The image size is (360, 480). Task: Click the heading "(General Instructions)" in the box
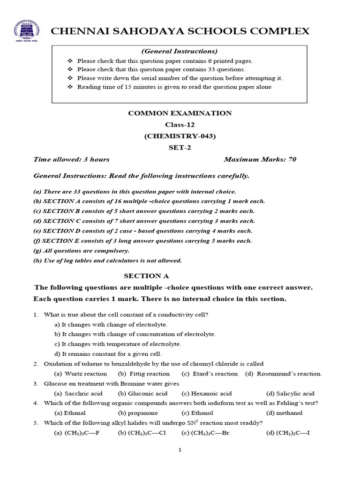tap(180, 51)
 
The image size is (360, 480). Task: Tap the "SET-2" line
tap(180, 148)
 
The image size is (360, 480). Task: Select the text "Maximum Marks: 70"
tap(260, 159)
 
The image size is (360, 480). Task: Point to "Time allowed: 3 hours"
tap(71, 159)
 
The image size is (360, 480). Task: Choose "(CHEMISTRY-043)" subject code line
tap(180, 136)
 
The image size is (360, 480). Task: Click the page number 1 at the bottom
tap(180, 450)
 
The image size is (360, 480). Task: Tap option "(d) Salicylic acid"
tap(290, 393)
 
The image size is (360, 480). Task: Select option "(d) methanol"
tap(284, 413)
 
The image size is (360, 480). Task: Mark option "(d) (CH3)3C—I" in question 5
tap(288, 433)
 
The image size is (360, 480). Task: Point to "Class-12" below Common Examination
tap(180, 125)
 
